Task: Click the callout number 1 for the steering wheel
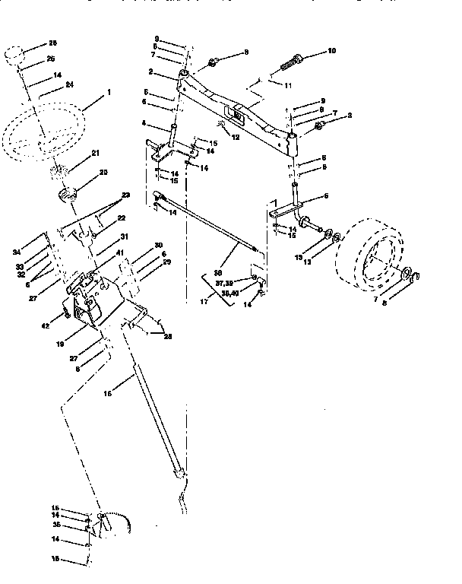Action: coord(109,93)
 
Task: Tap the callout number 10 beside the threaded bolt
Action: coord(331,51)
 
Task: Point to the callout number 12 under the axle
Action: coord(236,137)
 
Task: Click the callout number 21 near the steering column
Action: coord(96,154)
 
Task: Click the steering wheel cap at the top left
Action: coord(14,56)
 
